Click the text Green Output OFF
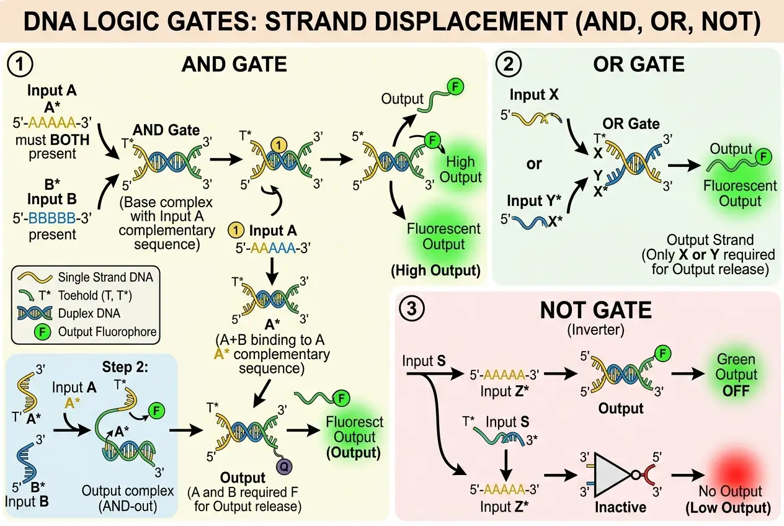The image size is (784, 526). pyautogui.click(x=737, y=375)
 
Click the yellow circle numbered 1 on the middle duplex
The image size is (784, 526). pyautogui.click(x=279, y=144)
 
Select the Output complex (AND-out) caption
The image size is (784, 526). pyautogui.click(x=128, y=497)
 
